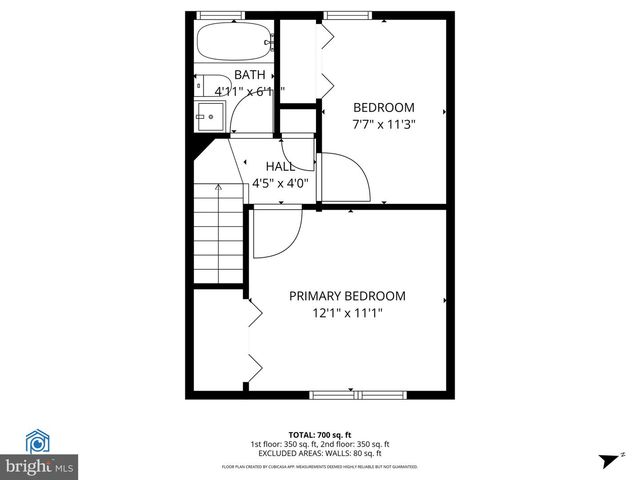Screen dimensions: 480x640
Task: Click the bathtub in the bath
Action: point(233,42)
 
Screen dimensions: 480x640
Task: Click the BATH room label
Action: point(250,75)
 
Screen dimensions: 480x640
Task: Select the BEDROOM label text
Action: point(384,108)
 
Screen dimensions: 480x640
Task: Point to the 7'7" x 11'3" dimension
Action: point(384,125)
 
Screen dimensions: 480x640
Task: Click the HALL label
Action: point(279,166)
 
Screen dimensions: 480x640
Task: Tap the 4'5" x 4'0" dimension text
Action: point(286,183)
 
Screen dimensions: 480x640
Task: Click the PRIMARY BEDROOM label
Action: point(347,296)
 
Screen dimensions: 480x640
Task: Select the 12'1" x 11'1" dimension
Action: point(347,313)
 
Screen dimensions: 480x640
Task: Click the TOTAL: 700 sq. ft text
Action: point(319,435)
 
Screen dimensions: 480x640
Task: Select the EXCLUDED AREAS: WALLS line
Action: point(320,453)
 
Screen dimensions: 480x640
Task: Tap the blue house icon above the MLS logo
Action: point(39,441)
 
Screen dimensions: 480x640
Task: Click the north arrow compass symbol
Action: point(608,461)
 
